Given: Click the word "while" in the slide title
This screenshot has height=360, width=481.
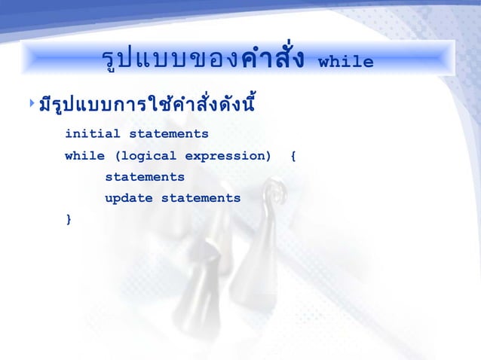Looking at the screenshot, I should pyautogui.click(x=346, y=62).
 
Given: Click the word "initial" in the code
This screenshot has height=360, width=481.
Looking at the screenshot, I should pyautogui.click(x=93, y=134).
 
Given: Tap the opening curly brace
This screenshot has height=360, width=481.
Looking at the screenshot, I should pyautogui.click(x=293, y=156).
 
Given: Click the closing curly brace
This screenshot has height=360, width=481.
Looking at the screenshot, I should pyautogui.click(x=69, y=219).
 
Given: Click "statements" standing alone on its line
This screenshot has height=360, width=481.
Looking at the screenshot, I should pyautogui.click(x=145, y=177).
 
